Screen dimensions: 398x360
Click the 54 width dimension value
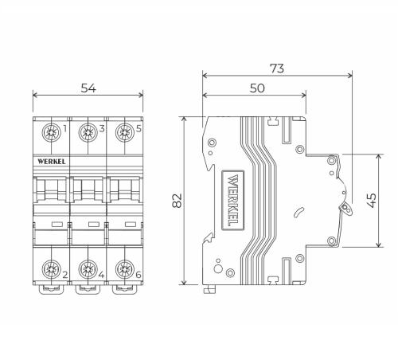(88, 88)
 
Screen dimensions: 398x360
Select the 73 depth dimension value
(277, 68)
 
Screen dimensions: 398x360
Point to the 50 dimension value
(257, 88)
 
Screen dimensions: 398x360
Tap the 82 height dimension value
(177, 201)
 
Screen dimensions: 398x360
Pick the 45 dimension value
(371, 201)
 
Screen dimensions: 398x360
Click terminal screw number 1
(51, 132)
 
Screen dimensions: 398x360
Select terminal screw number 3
(88, 132)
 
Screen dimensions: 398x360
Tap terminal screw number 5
(124, 132)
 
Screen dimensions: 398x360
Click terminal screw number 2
(51, 269)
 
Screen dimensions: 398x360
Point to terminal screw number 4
(88, 269)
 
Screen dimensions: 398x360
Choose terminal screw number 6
(124, 269)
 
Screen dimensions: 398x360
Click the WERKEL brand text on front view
(52, 162)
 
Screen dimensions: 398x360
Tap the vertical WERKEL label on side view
(232, 200)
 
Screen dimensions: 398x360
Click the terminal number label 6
(139, 275)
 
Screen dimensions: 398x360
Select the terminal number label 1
(64, 129)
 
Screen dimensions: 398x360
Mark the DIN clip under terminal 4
(88, 290)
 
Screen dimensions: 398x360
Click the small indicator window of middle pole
(94, 225)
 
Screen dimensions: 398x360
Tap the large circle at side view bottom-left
(218, 269)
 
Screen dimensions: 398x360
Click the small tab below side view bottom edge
(209, 289)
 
